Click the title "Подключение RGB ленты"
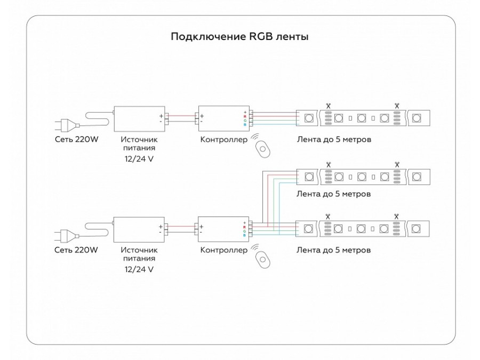pos(239,37)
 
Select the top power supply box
pos(139,118)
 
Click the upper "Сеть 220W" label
pos(77,140)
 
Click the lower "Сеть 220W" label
pos(77,250)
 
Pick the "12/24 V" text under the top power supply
pos(138,159)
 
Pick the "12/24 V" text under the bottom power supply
pos(138,269)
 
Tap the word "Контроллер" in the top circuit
pos(223,140)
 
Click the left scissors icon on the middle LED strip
pos(328,164)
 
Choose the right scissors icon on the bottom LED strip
pos(396,217)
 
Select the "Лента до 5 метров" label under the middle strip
pos(333,194)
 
